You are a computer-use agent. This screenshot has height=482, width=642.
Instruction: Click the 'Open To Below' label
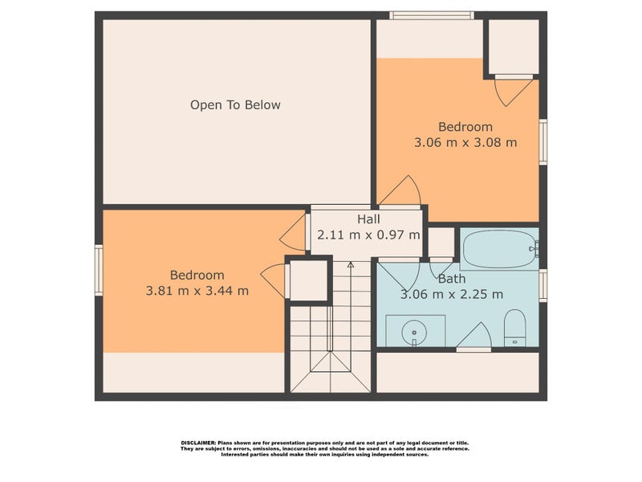[x=235, y=104]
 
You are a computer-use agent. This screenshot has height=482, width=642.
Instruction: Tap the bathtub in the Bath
[x=497, y=248]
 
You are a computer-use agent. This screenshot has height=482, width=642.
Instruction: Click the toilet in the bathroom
[x=514, y=329]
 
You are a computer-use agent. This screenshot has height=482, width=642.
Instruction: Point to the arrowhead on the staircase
[x=351, y=264]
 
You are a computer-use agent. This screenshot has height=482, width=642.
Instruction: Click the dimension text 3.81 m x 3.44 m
[x=197, y=290]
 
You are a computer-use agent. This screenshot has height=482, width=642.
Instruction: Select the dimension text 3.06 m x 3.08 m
[x=465, y=142]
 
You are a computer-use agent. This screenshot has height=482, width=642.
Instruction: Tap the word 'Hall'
[x=368, y=219]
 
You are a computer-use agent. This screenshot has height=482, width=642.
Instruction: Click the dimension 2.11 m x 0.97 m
[x=368, y=235]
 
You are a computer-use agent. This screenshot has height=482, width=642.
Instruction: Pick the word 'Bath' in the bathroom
[x=452, y=279]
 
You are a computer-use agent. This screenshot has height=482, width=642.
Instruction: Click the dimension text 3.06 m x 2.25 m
[x=452, y=294]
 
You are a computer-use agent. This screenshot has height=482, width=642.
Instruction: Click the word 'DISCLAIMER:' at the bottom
[x=196, y=443]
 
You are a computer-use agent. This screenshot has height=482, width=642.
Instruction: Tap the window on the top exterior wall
[x=432, y=14]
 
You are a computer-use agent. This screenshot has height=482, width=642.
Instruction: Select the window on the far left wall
[x=99, y=270]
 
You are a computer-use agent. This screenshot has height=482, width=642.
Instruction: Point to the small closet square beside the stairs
[x=308, y=280]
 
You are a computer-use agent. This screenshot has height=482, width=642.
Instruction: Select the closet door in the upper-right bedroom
[x=510, y=90]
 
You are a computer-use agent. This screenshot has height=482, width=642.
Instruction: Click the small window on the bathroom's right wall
[x=543, y=284]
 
